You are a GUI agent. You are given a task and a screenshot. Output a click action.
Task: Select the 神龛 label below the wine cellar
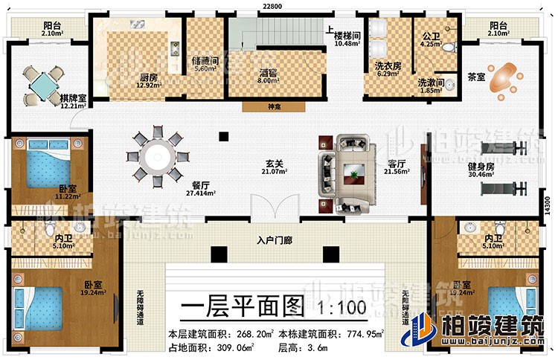274,106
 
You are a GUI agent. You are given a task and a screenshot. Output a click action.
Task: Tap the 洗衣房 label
386,65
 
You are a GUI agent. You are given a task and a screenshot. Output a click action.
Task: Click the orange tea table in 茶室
505,73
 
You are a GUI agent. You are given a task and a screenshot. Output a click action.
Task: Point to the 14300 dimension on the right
548,202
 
